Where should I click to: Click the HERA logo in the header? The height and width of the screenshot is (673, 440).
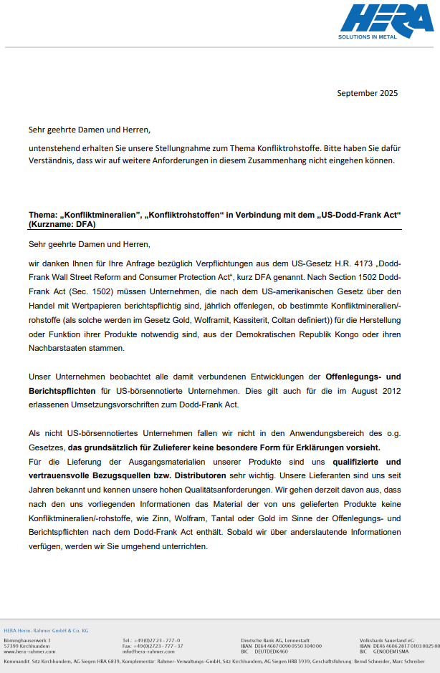pos(385,21)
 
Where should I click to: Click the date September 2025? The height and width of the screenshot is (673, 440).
pos(367,93)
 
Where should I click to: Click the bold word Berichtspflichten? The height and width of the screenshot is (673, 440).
pos(62,390)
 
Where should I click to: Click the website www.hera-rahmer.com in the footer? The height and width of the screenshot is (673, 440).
pos(29,652)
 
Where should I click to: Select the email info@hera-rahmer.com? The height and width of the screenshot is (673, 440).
pos(148,652)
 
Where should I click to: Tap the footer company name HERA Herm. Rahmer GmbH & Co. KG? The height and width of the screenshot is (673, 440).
pos(46,630)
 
